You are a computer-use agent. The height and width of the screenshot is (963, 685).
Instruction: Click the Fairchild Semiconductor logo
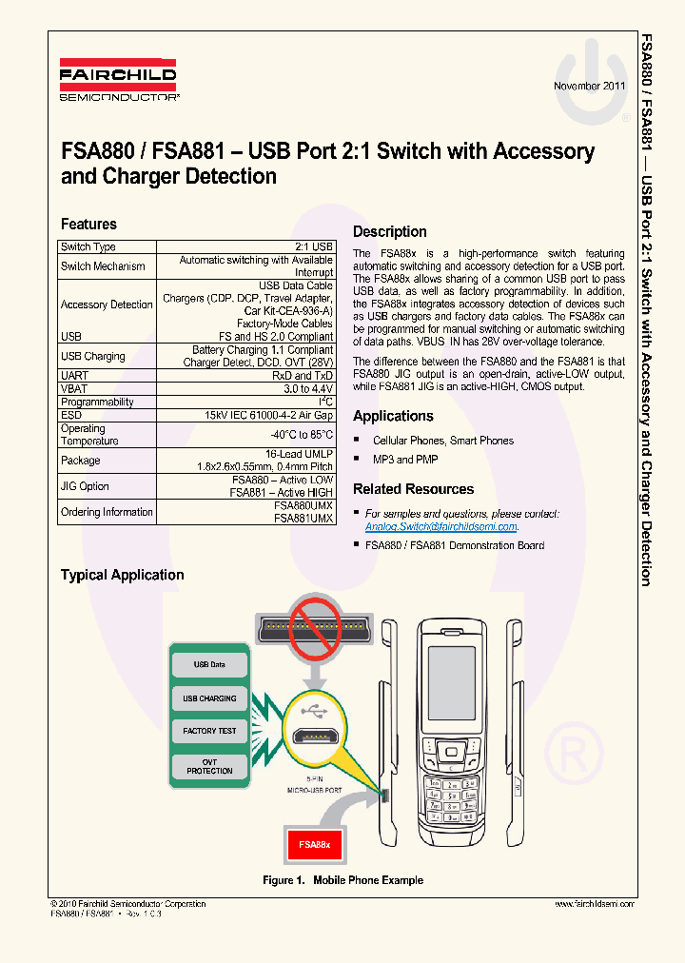(118, 82)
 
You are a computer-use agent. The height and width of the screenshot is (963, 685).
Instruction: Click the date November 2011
(590, 86)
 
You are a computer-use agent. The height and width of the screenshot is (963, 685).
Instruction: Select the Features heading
(88, 225)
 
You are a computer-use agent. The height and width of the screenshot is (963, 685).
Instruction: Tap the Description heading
(389, 231)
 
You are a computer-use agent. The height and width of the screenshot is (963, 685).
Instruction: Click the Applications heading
(393, 416)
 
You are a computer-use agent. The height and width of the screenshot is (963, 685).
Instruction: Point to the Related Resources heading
(413, 489)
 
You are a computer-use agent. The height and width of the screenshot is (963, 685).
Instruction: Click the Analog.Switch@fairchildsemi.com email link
(441, 526)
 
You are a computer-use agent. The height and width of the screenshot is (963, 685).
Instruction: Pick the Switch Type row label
(88, 247)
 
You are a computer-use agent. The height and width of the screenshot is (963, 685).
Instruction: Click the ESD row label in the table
(71, 415)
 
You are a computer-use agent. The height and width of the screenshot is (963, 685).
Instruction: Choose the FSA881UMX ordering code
(303, 519)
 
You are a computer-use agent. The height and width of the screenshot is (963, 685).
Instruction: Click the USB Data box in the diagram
(209, 665)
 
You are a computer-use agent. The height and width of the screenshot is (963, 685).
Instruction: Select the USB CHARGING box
(209, 698)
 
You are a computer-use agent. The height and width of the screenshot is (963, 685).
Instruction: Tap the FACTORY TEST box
(209, 731)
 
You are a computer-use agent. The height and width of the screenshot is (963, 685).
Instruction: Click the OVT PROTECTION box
(209, 766)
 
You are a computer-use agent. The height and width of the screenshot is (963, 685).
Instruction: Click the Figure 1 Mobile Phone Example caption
(342, 880)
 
